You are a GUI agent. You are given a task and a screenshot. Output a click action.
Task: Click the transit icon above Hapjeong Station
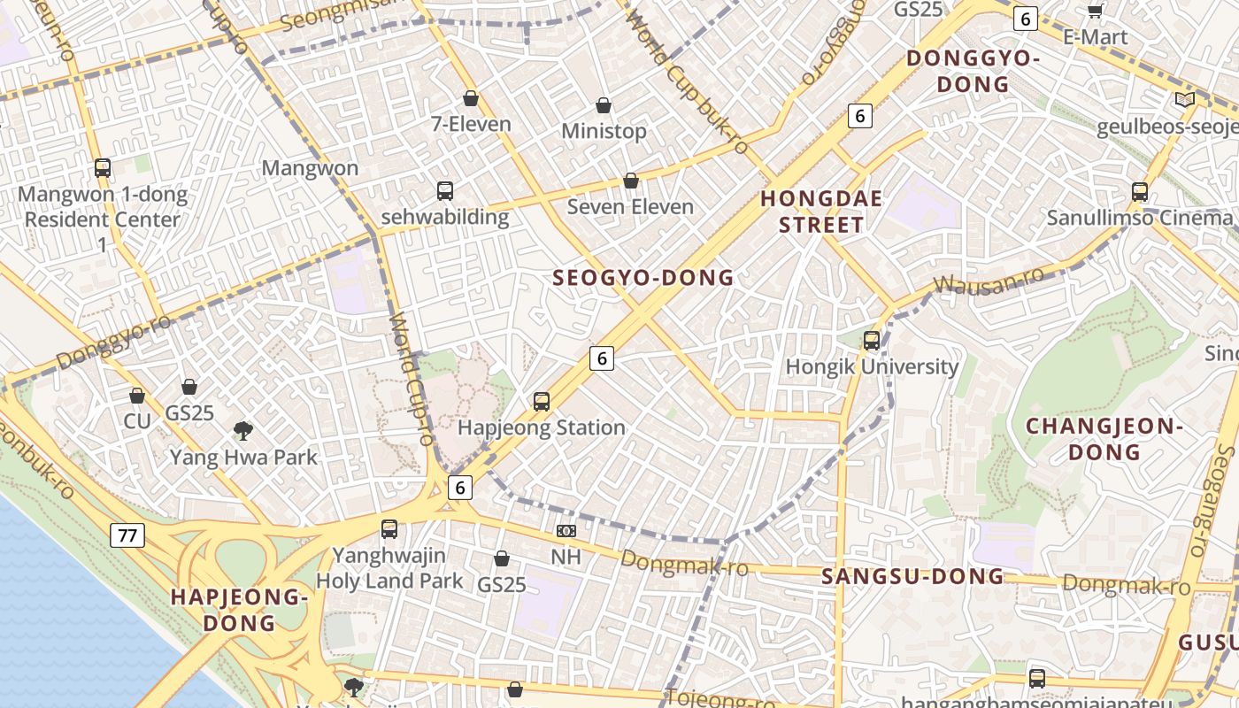click(542, 402)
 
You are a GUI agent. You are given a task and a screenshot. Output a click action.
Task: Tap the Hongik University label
click(872, 366)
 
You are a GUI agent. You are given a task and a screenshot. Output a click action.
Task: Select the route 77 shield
click(128, 535)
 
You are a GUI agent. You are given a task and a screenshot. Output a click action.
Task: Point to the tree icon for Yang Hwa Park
click(243, 431)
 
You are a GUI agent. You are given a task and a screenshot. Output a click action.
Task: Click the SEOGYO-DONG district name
click(643, 278)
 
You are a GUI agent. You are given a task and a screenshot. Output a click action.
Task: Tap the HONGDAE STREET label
click(821, 212)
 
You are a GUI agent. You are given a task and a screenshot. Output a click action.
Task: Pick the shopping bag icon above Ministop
click(604, 105)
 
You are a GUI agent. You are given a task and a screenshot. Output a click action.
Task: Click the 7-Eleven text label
click(471, 124)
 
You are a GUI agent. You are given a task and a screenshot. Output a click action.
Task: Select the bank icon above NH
click(566, 531)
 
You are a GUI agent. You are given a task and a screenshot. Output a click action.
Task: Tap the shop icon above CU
click(136, 395)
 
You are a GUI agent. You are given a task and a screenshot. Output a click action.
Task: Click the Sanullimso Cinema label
click(1139, 218)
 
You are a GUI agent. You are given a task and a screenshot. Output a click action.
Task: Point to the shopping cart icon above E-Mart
click(1095, 11)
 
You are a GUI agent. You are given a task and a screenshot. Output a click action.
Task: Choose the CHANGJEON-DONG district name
click(1104, 439)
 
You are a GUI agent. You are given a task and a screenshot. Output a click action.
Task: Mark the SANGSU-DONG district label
click(912, 577)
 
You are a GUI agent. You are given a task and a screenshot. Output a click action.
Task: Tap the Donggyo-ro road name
click(114, 342)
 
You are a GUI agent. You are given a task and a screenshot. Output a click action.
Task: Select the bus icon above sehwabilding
click(445, 190)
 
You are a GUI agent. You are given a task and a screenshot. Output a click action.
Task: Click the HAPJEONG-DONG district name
click(239, 610)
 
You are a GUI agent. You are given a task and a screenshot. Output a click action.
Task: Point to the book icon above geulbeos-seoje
click(1184, 100)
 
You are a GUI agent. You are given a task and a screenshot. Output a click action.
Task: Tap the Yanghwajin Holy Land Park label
click(389, 568)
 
